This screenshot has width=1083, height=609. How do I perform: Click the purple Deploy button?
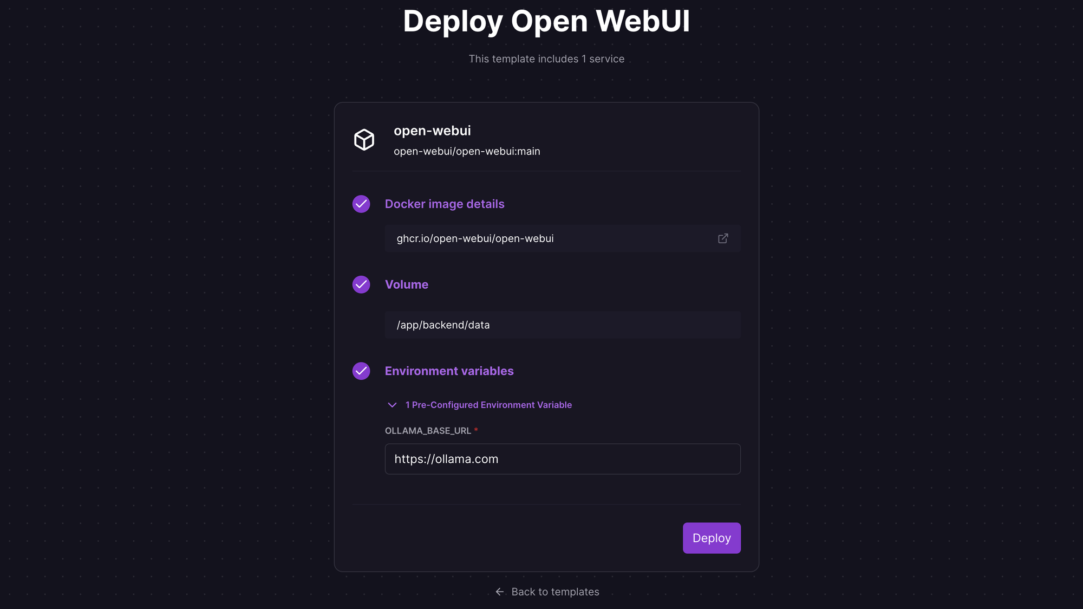point(712,538)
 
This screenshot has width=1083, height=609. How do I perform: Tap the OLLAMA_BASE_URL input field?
point(563,459)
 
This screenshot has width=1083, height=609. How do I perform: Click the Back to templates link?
point(555,592)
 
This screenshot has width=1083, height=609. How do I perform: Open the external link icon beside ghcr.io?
point(723,238)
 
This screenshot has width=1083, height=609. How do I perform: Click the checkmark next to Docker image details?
point(361,204)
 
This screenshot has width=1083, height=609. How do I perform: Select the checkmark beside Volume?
point(361,284)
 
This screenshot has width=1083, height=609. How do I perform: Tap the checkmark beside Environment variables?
point(361,371)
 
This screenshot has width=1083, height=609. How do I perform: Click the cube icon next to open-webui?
point(364,140)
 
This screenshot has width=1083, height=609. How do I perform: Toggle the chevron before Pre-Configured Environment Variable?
point(392,405)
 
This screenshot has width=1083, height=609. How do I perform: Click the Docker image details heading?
point(445,204)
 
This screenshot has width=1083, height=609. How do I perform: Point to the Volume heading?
point(406,284)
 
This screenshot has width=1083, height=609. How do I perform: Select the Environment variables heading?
point(449,371)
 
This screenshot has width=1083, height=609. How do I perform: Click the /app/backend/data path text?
point(443,325)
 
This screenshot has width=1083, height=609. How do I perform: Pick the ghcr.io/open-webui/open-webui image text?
point(475,238)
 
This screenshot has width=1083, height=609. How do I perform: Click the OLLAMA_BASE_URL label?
point(428,431)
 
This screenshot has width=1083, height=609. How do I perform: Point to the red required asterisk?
point(476,430)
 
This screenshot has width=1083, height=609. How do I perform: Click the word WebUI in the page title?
point(643,21)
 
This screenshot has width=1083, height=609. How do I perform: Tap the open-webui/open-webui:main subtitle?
point(467,151)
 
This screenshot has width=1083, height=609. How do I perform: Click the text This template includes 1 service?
point(546,59)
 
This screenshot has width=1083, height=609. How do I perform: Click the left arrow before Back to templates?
point(499,592)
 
